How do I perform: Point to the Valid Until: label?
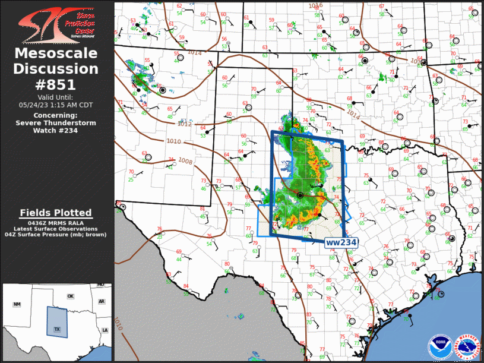coord(56,97)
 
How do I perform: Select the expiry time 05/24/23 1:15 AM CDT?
coord(56,105)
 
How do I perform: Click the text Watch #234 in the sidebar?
coord(56,131)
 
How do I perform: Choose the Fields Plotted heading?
coord(56,213)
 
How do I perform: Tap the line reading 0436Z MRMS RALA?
coord(56,222)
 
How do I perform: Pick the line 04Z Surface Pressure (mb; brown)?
coord(56,235)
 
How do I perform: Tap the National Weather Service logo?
coord(466,346)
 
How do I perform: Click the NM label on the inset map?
coord(17,304)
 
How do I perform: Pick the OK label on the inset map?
coord(70,296)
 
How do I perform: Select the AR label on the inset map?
coord(102,301)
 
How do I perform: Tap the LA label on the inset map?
coord(105,330)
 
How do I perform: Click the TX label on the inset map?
coord(57,329)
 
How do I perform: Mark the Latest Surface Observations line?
coord(56,229)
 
